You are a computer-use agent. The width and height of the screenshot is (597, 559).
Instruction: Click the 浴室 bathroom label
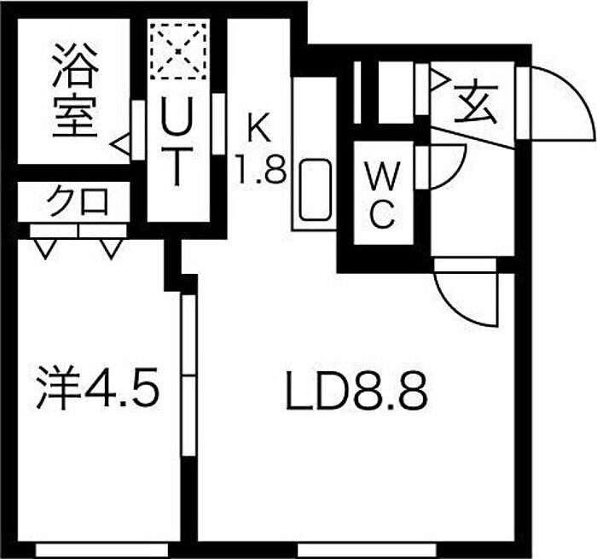(75, 90)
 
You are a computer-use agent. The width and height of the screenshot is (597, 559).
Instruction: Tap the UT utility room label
(177, 142)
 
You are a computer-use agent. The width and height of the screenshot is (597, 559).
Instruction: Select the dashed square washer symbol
(179, 51)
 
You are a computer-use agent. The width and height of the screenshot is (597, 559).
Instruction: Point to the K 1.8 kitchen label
(262, 148)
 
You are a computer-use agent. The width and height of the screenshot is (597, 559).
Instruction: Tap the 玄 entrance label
(477, 102)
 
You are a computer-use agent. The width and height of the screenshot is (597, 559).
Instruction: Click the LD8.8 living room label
(356, 392)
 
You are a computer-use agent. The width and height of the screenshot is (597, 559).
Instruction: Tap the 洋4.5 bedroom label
(97, 388)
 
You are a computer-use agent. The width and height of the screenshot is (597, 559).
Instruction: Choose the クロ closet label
(77, 201)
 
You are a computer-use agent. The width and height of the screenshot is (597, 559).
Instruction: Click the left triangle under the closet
(46, 249)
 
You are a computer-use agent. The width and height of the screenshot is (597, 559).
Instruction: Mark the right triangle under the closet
(111, 249)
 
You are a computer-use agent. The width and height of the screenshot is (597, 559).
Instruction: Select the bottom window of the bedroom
(102, 550)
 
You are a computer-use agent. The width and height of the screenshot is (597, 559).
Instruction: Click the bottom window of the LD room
(367, 550)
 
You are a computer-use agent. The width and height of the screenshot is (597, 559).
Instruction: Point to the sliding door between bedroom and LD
(188, 375)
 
